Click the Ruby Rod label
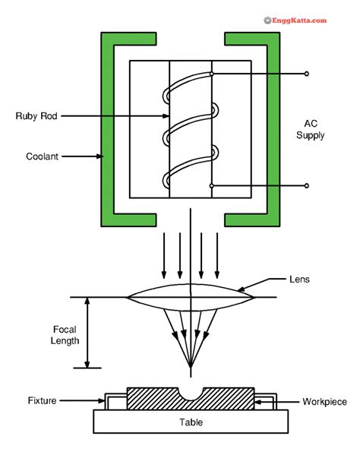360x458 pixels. [36, 116]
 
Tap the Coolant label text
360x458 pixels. [42, 156]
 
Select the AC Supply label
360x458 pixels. [311, 129]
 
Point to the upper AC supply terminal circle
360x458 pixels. [307, 74]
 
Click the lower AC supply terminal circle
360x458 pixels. [307, 185]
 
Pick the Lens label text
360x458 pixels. [299, 280]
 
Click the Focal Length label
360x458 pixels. [65, 335]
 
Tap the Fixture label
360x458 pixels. [42, 400]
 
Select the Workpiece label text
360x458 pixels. [324, 402]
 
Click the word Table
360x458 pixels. [191, 422]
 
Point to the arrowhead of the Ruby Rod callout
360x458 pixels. [166, 116]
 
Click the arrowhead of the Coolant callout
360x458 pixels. [99, 156]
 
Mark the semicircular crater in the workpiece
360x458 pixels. [191, 394]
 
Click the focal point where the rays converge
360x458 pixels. [191, 365]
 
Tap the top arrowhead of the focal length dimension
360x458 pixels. [87, 301]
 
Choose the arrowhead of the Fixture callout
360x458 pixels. [102, 400]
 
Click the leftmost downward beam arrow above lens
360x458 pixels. [164, 255]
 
